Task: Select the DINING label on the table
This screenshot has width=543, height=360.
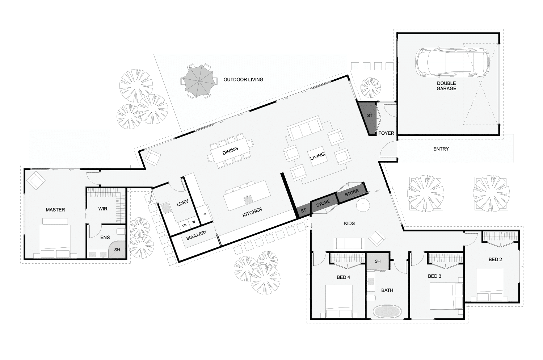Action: coord(230,151)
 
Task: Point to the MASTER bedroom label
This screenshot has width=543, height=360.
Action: coord(55,210)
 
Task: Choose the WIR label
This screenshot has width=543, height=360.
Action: coord(103,209)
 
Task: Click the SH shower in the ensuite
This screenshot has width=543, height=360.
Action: coord(117,250)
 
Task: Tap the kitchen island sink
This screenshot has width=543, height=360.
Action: coord(248,200)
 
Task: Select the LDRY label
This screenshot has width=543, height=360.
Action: coord(182,203)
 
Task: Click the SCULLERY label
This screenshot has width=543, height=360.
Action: coord(196,235)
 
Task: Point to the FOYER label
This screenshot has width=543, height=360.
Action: coord(386,133)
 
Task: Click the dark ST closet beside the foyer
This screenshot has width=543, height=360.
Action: coord(368,118)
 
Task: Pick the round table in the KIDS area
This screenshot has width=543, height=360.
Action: coord(363,205)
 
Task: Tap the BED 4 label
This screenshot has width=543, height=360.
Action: coord(343,277)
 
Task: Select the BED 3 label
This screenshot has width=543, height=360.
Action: coord(435,276)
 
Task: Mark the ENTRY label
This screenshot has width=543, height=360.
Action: coord(441,149)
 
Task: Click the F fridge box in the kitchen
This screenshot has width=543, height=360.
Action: coord(205,214)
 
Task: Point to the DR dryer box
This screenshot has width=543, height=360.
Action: coord(184,226)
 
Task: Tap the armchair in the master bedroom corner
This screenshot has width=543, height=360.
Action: coord(35,180)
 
